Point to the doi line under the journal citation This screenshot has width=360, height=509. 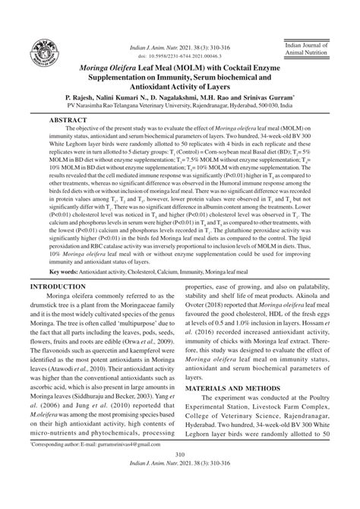click(x=179, y=56)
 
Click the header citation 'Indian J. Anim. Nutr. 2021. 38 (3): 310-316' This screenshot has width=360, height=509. click(x=179, y=49)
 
